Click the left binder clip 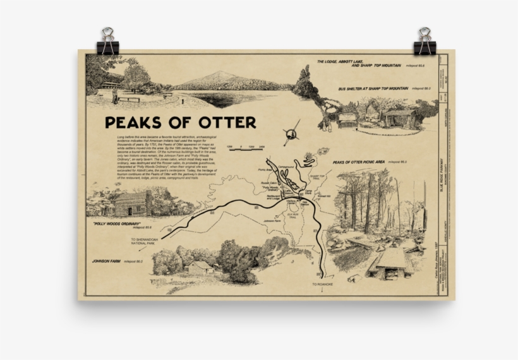107,41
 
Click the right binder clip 425,41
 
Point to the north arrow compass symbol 291,134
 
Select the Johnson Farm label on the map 272,221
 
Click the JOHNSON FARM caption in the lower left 107,261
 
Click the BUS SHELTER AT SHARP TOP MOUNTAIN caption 373,90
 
